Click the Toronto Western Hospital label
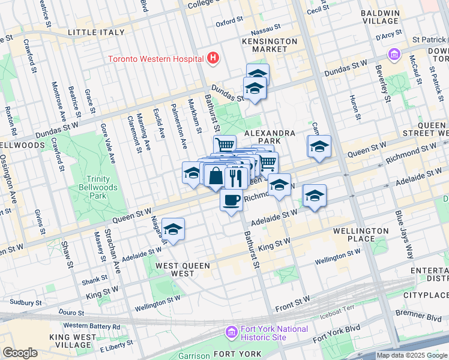[155, 59]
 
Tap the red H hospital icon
[213, 58]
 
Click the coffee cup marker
[231, 200]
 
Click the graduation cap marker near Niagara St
[173, 229]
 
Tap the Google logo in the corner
[20, 353]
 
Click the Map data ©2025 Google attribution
[412, 355]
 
